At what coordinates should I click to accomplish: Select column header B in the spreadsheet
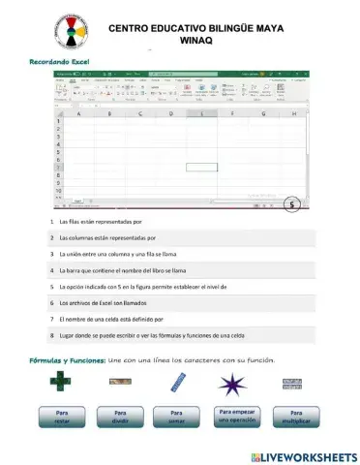click(x=108, y=113)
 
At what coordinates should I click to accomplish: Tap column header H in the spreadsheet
click(x=293, y=113)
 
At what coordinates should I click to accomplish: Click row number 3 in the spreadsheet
click(x=59, y=136)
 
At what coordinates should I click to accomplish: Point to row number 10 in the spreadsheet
click(x=59, y=191)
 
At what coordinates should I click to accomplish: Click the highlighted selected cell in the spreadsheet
click(x=201, y=167)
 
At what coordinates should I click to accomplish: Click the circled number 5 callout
click(x=293, y=204)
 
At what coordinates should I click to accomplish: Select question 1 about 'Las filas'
click(x=102, y=222)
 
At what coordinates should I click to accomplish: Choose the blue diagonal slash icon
click(x=176, y=383)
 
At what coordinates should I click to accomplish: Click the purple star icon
click(x=232, y=384)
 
